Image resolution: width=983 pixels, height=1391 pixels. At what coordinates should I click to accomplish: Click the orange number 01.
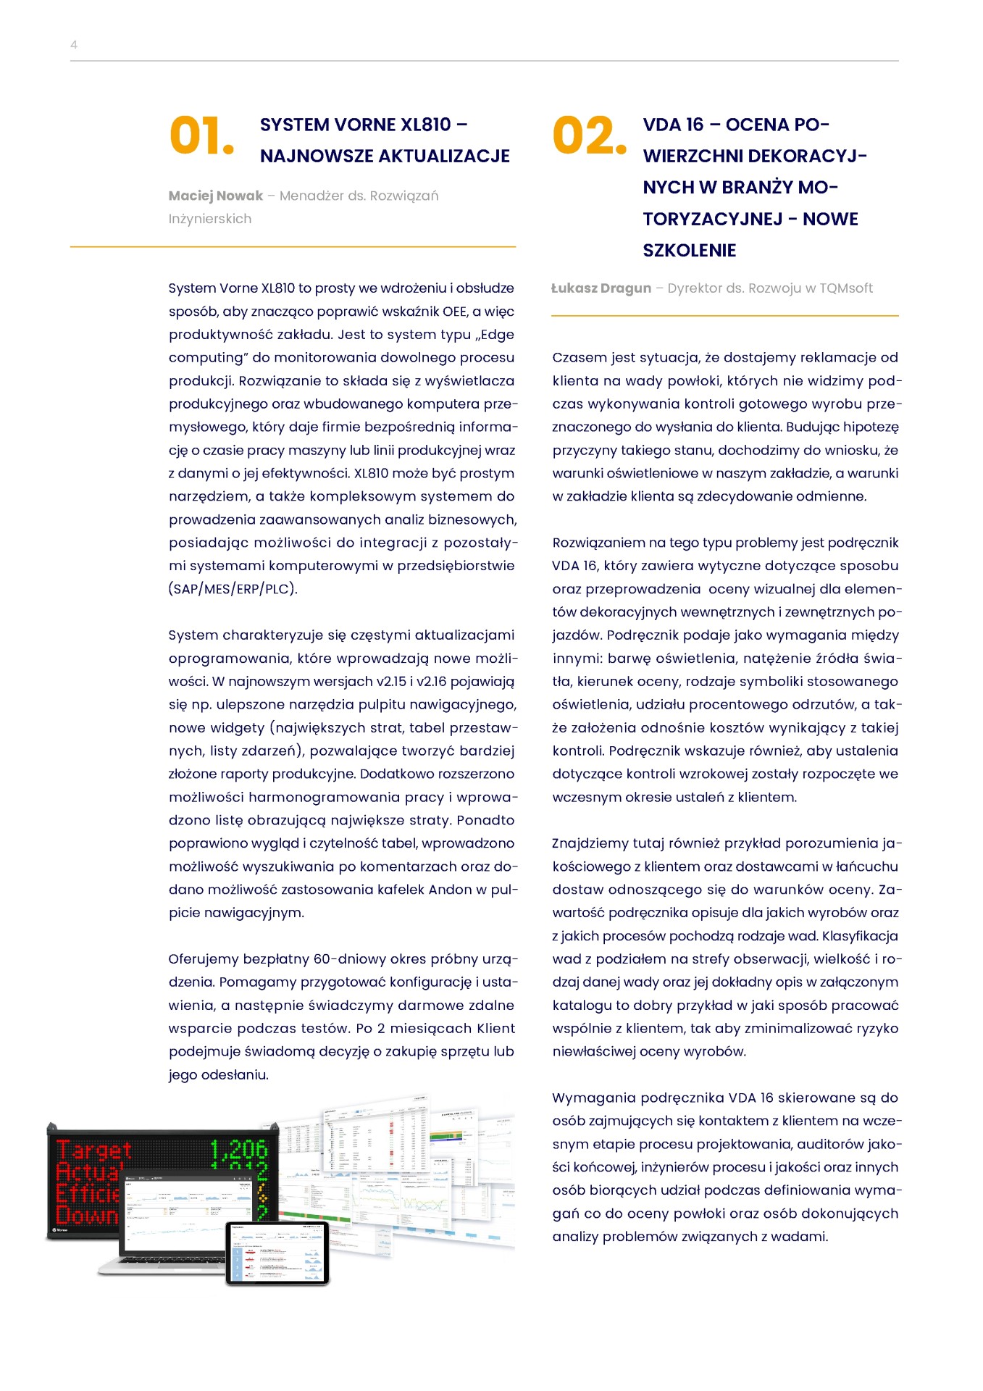coord(201,136)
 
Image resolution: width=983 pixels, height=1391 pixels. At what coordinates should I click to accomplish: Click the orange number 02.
coord(588,136)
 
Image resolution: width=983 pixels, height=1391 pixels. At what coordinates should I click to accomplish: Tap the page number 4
coord(74,45)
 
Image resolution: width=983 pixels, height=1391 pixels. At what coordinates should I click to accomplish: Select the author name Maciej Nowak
coord(216,196)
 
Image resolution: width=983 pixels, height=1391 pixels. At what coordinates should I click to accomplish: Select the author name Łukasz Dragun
coord(601,288)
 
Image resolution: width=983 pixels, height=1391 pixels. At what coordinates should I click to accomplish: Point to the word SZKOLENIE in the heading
coord(689,251)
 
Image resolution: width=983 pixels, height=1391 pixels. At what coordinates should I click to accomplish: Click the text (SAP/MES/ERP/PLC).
coord(233,589)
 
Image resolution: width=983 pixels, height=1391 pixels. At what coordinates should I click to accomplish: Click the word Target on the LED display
coord(94,1150)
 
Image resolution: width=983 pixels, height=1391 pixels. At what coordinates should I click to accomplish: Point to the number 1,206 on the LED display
coord(238,1150)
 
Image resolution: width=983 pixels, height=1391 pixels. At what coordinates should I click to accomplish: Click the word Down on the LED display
coord(85,1215)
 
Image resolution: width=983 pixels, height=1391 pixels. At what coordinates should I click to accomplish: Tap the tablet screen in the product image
coord(277,1253)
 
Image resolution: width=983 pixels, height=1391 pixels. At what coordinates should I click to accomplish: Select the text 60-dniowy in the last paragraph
coord(348,959)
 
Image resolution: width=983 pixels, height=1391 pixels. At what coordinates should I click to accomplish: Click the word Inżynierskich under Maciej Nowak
coord(210,219)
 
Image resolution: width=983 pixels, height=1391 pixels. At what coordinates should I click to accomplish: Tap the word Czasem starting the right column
coord(579,358)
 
